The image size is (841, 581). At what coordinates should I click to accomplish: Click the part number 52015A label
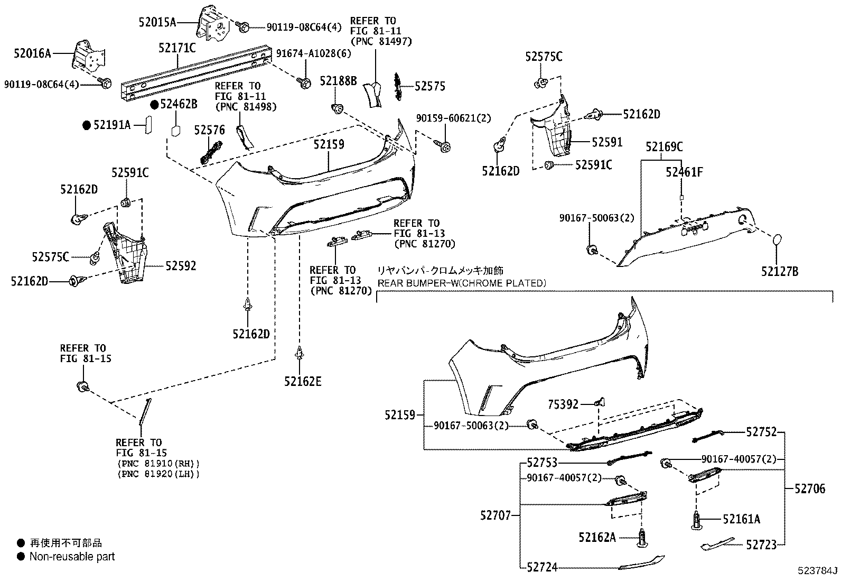[x=157, y=22]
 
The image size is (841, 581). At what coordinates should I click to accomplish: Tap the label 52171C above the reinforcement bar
[x=177, y=48]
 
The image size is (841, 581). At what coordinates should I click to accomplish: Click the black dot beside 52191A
[x=87, y=125]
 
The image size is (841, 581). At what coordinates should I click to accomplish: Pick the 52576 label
[x=209, y=130]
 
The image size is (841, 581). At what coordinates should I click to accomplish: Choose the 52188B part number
[x=338, y=81]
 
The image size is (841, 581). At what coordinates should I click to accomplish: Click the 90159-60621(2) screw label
[x=454, y=118]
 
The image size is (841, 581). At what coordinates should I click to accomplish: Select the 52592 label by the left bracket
[x=181, y=266]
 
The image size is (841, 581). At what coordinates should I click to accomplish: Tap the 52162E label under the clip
[x=303, y=381]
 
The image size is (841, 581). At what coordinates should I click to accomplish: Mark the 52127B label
[x=780, y=272]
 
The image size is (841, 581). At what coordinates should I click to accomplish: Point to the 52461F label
[x=684, y=172]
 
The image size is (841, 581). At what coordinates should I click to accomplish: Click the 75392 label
[x=563, y=405]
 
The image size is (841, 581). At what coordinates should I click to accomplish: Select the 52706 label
[x=810, y=489]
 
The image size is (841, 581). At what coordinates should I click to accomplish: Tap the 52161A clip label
[x=742, y=519]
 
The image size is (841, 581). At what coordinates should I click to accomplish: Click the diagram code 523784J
[x=818, y=571]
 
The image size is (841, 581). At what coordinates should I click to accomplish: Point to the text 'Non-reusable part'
[x=72, y=556]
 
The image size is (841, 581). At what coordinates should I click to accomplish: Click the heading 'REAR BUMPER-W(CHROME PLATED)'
[x=462, y=283]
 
